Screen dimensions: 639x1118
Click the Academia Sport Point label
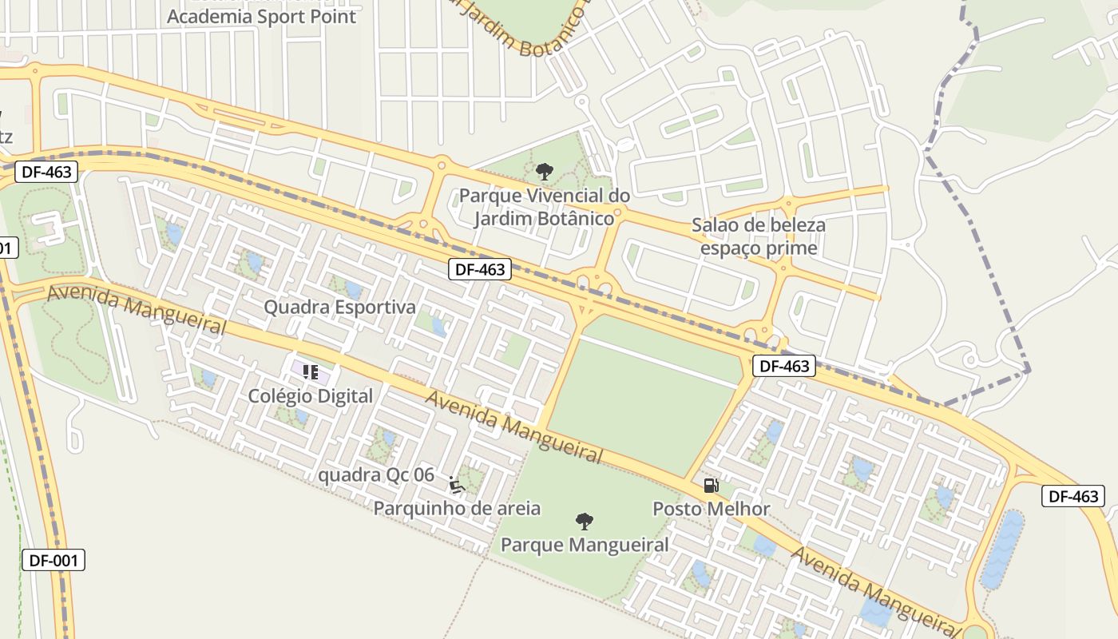coord(261,16)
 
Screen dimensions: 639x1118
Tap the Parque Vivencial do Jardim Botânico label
coord(544,207)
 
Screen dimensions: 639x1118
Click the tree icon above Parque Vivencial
coord(545,171)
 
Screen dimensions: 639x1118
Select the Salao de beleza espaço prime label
coord(758,236)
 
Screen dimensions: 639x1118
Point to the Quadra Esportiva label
coord(339,307)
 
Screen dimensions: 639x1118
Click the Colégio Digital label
coord(310,396)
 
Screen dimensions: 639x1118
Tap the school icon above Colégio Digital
coord(311,371)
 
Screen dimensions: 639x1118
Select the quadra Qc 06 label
coord(376,475)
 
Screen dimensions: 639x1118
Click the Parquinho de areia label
coord(457,508)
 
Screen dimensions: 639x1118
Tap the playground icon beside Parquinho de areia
coord(457,485)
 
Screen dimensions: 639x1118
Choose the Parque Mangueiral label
coord(584,545)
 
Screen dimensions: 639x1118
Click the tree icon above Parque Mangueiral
coord(585,522)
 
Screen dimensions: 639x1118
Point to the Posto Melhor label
coord(711,509)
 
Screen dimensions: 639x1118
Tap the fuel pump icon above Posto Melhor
coord(711,485)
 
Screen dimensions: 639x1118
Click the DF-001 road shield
coord(53,560)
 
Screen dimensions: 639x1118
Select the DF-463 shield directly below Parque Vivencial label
coord(479,269)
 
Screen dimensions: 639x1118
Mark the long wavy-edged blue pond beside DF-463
coord(1001,550)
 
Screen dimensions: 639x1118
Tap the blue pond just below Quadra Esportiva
coord(438,326)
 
